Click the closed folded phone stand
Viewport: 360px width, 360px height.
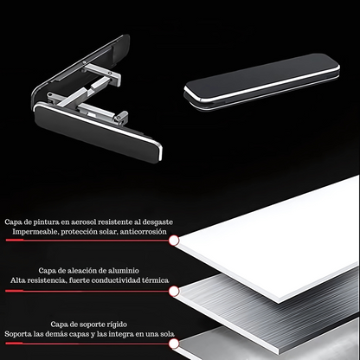point(261,80)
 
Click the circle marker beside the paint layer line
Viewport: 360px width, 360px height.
point(174,241)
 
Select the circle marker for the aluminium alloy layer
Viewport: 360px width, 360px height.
point(174,292)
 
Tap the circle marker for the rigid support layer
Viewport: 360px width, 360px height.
point(174,344)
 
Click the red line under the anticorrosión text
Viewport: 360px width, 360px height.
point(87,240)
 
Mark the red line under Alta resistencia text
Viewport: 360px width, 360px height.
point(87,291)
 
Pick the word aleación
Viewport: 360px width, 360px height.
point(81,271)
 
